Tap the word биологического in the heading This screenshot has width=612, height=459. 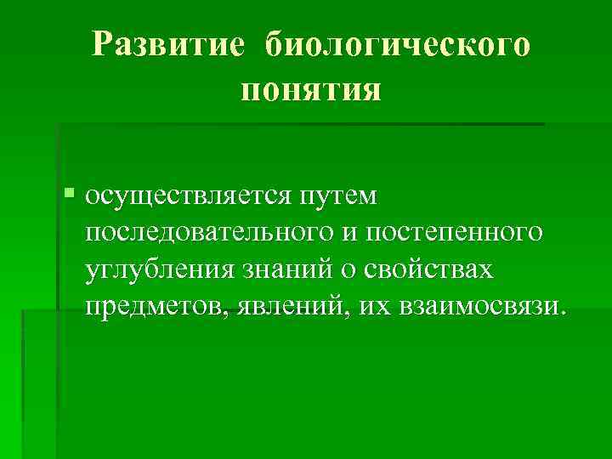click(x=398, y=44)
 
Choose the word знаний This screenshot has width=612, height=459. click(x=285, y=269)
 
